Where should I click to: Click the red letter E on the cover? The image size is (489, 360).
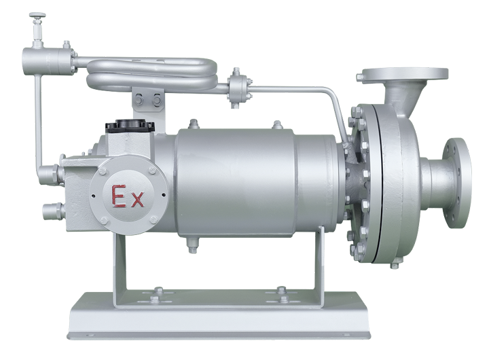tap(118, 196)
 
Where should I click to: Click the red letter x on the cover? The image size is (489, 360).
tap(137, 200)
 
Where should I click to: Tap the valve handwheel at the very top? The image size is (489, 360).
tap(37, 15)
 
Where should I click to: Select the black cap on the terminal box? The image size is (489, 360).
tap(130, 126)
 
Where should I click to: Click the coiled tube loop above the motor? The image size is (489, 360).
tap(151, 74)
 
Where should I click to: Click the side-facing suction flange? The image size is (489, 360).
tap(457, 183)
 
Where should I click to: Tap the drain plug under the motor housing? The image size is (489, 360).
tap(192, 245)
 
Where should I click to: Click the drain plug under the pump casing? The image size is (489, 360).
tap(395, 265)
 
